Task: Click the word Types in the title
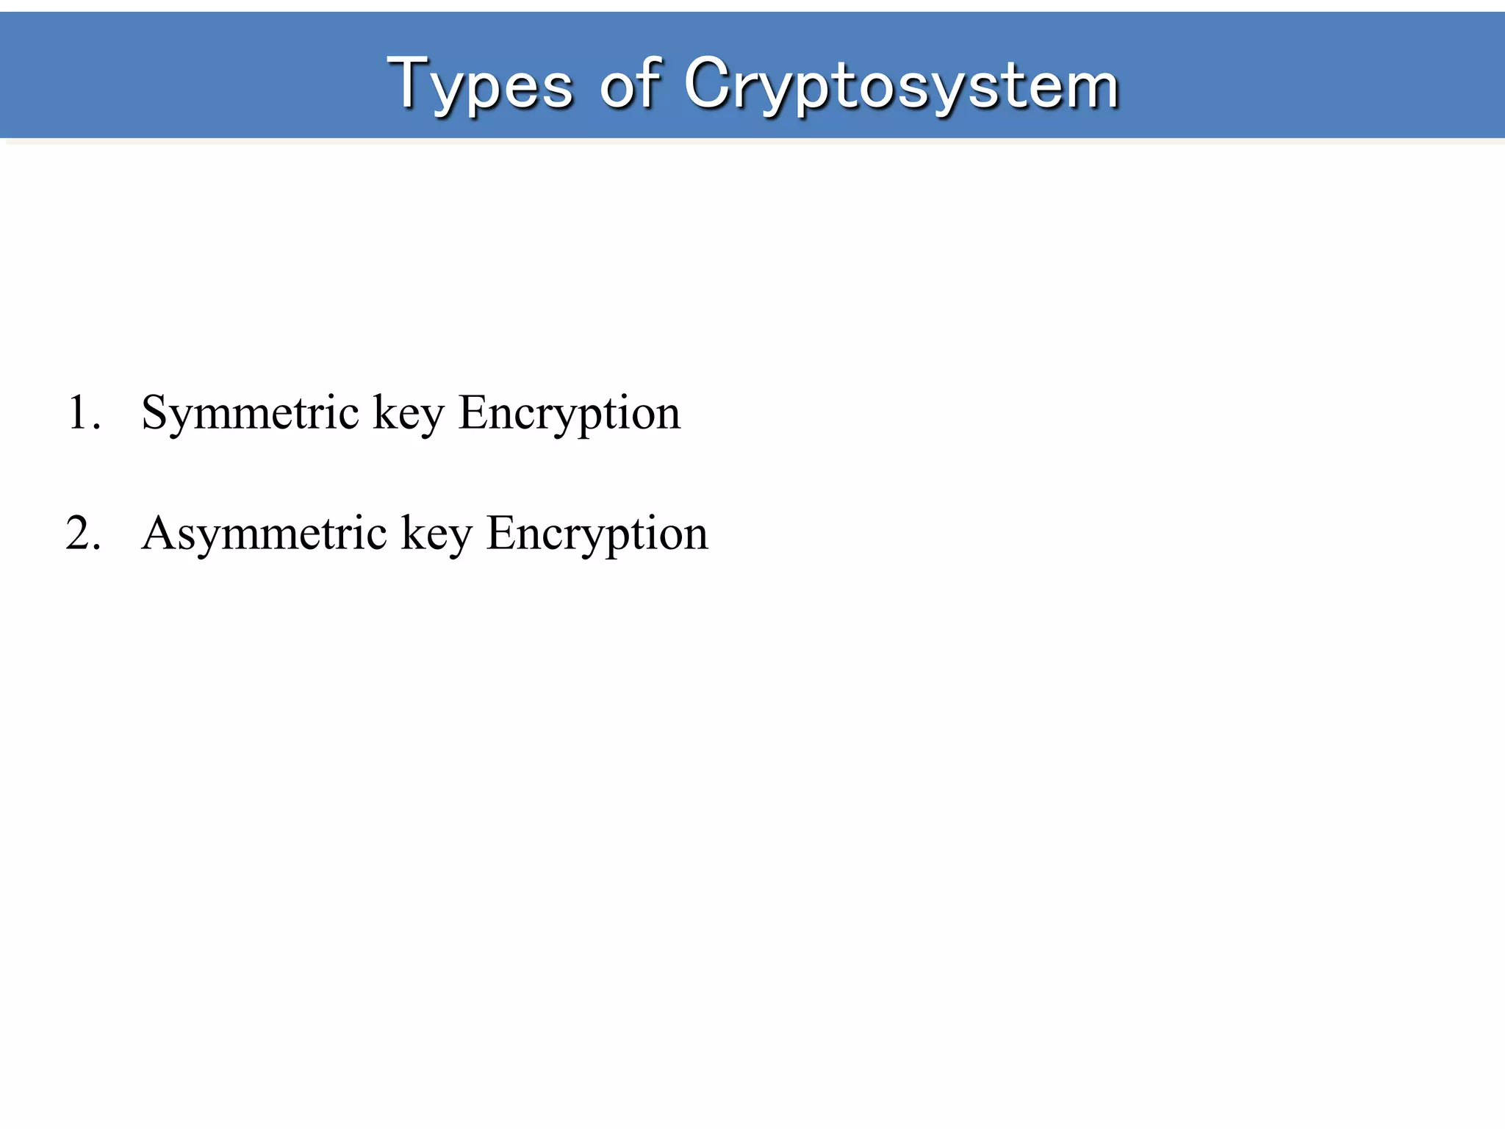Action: click(x=481, y=85)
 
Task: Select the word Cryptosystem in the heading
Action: click(x=901, y=85)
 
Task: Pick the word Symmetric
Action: click(x=250, y=414)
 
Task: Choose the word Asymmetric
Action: click(x=264, y=534)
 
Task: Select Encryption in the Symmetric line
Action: click(x=570, y=414)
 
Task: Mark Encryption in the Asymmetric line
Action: click(x=597, y=534)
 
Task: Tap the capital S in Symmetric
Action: click(x=157, y=412)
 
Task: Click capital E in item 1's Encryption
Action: click(x=474, y=412)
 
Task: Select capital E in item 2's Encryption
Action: click(x=502, y=532)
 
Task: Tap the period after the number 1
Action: click(x=96, y=426)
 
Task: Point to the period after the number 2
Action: click(x=96, y=546)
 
